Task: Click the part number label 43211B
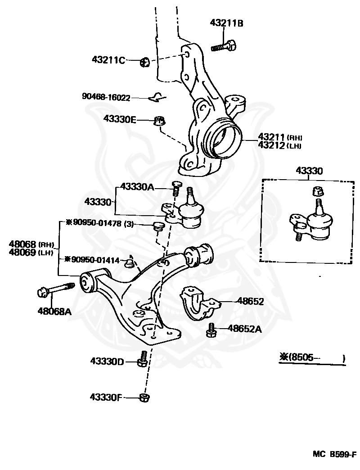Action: click(226, 23)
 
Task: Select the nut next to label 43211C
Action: click(145, 62)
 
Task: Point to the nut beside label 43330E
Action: click(159, 121)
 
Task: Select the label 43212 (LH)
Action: click(279, 146)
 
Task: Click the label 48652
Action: click(250, 302)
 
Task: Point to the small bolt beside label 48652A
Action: click(211, 330)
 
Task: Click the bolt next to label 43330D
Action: click(143, 359)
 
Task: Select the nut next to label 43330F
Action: click(144, 398)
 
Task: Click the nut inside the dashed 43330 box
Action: click(318, 191)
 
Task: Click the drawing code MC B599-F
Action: click(335, 454)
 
